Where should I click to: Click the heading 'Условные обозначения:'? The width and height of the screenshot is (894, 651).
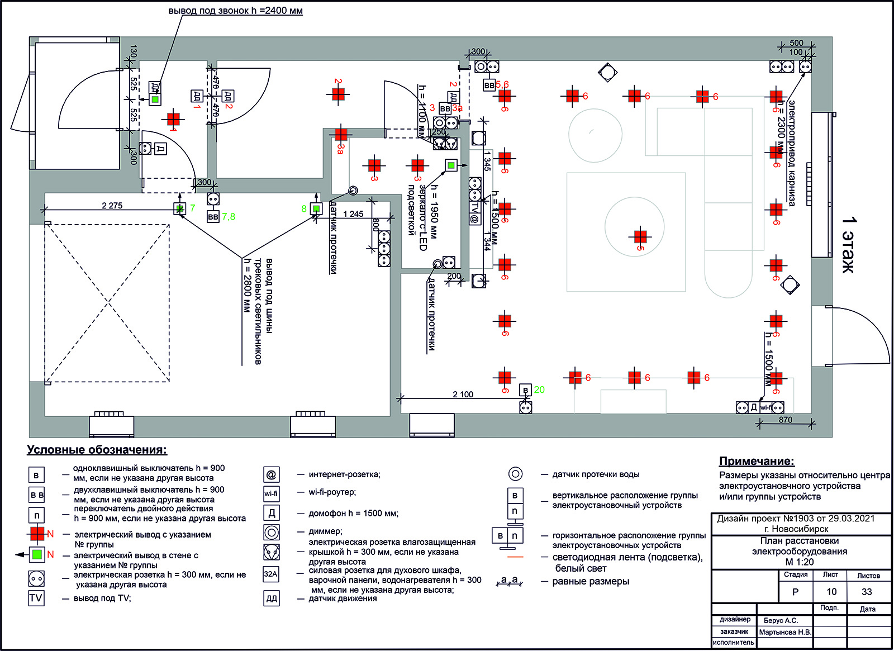pos(97,450)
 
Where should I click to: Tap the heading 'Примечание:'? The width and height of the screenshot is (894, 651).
pos(757,461)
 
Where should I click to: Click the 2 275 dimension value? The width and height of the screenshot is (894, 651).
pos(112,206)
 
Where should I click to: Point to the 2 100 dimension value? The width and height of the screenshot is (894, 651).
pos(463,395)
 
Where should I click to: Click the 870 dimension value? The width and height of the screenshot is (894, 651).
pos(785,420)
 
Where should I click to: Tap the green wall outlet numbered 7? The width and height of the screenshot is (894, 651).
pos(179,208)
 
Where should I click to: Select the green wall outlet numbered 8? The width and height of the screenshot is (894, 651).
pos(316,208)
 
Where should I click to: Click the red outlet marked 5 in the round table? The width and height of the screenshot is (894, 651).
pos(640,236)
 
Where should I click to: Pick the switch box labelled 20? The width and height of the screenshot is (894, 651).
pos(525,389)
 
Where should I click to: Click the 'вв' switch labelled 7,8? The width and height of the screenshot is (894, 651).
pos(213,216)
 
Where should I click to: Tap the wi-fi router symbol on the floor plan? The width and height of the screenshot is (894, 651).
pos(765,407)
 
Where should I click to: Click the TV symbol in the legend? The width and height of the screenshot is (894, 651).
pos(36,598)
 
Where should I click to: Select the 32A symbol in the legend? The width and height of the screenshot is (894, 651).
pos(271,574)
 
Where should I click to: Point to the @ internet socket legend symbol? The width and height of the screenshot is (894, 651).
pos(271,475)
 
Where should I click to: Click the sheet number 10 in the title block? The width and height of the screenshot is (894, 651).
pos(831,592)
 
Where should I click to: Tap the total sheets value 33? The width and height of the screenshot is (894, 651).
pos(867,592)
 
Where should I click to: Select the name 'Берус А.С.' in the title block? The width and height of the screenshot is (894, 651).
pos(781,620)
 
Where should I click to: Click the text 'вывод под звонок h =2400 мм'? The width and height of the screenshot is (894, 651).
pos(235,11)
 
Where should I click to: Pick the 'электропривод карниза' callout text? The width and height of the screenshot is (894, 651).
pos(792,154)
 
